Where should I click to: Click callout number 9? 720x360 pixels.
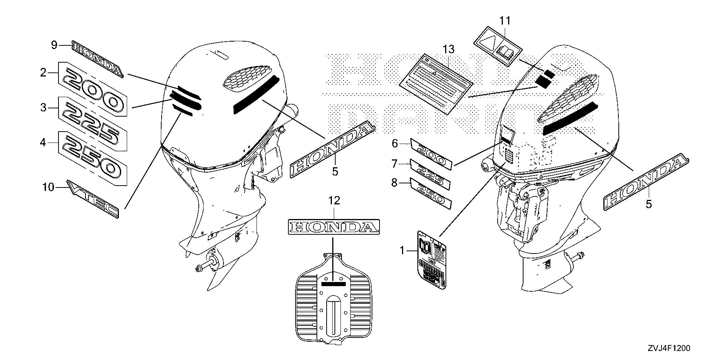(54, 45)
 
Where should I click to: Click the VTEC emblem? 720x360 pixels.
(93, 199)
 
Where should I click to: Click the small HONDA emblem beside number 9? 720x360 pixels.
(97, 59)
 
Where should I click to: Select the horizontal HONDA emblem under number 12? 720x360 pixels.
(334, 226)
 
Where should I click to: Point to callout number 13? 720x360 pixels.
(448, 49)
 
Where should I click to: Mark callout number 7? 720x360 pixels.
(394, 164)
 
